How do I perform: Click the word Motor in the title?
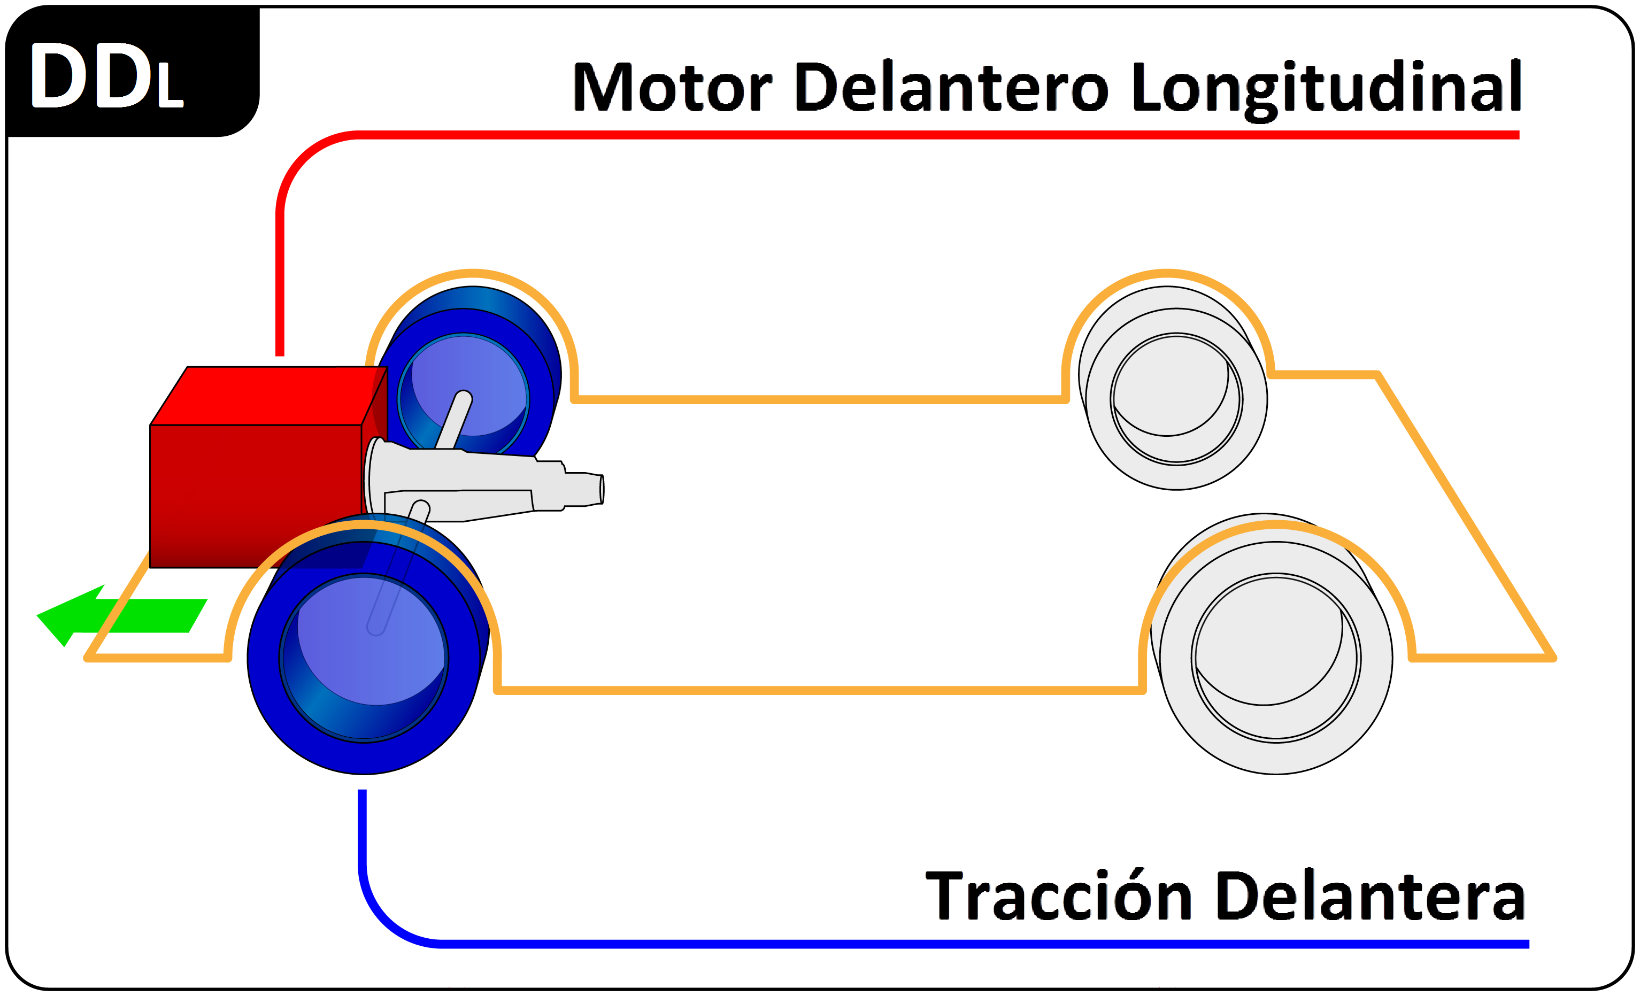coord(672,87)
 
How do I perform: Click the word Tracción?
coord(1058,895)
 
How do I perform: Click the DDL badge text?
coord(106,75)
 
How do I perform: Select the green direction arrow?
coord(122,615)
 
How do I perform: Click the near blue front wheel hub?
coord(364,658)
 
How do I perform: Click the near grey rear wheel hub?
coord(1276,658)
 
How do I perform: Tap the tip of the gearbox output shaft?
coord(602,489)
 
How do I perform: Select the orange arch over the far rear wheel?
coord(1167,272)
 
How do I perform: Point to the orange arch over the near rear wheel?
coord(1276,526)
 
